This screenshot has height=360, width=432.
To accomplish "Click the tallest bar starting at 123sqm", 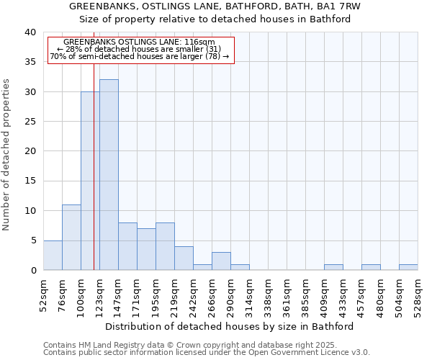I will [x=109, y=175].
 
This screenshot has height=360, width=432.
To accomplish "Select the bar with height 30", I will [x=90, y=181].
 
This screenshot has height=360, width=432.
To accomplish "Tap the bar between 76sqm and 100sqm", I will [x=71, y=238].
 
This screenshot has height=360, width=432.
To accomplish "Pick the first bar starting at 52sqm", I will [x=53, y=255].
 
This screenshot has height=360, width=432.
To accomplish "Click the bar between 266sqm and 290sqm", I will [x=221, y=261].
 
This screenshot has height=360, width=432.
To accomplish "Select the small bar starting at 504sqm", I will [x=408, y=267].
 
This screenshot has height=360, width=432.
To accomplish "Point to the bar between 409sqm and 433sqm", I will [x=333, y=267].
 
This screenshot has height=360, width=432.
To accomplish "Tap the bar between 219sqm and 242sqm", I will [x=184, y=258].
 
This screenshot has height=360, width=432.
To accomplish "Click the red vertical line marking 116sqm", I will [x=94, y=180].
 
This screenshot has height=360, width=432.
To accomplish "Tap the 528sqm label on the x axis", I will [x=418, y=293].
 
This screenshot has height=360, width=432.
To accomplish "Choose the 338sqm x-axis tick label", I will [x=268, y=293].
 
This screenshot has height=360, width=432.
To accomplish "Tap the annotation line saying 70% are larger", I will [x=140, y=56].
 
